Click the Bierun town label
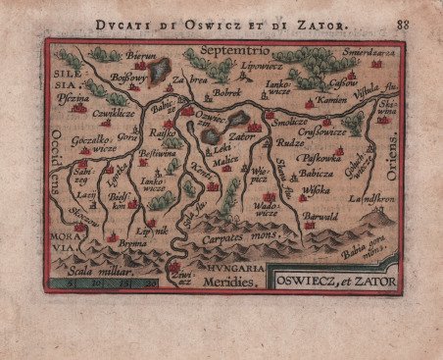pos(143,57)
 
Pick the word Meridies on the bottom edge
pos(227,283)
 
